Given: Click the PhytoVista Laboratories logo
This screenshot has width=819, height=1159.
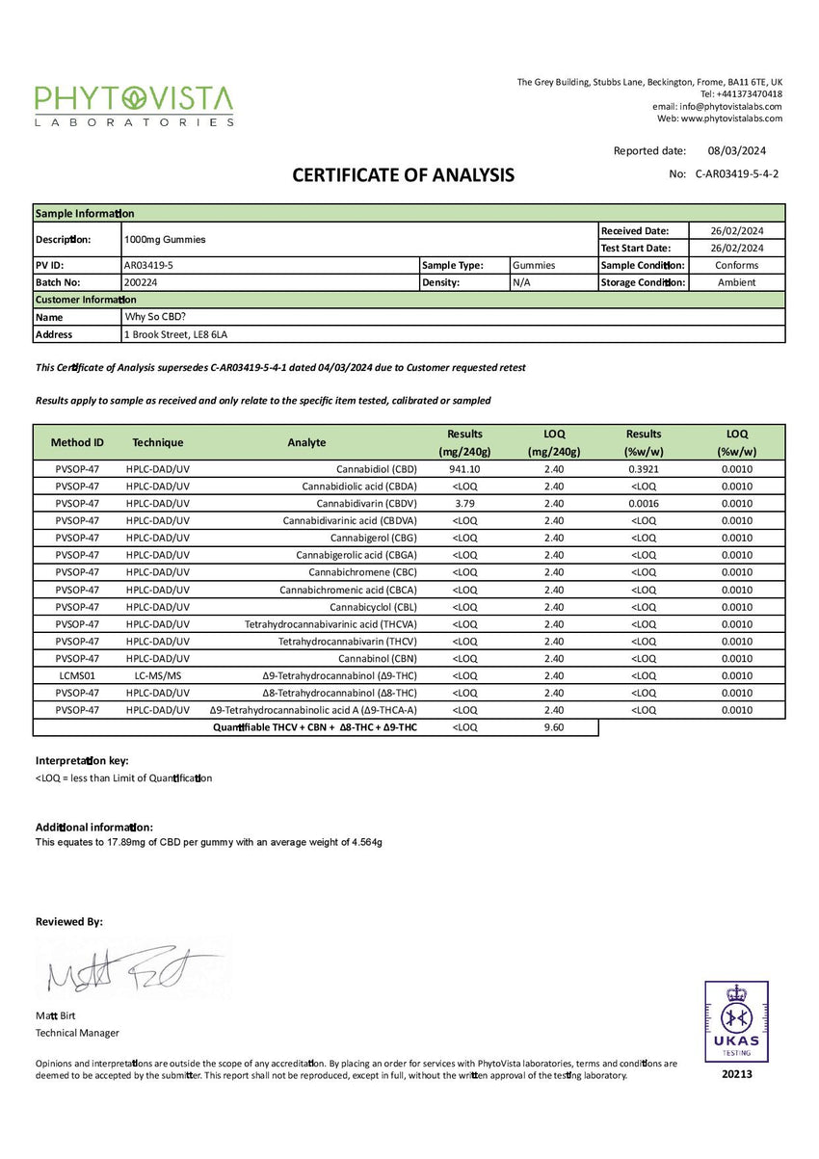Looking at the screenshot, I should tap(134, 105).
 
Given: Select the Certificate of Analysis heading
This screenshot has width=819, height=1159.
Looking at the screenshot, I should tap(403, 175).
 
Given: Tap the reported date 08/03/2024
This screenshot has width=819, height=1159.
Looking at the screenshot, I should tap(736, 150).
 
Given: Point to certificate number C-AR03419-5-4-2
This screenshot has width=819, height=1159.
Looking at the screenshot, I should tap(736, 174).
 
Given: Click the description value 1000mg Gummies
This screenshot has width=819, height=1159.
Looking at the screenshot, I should tap(165, 239).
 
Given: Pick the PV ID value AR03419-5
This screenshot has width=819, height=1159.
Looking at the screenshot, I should tap(149, 265).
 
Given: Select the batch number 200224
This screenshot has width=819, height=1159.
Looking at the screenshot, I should tap(140, 282).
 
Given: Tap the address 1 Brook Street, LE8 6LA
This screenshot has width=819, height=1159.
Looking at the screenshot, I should tap(175, 334).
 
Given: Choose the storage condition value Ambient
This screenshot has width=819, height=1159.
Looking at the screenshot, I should tap(737, 282).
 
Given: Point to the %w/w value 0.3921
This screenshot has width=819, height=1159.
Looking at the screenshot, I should tap(643, 469).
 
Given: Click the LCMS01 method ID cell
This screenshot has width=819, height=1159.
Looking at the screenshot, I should tap(77, 676).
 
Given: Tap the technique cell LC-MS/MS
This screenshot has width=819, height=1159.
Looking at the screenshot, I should tap(158, 676).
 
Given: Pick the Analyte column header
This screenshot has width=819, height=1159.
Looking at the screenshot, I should tap(306, 442).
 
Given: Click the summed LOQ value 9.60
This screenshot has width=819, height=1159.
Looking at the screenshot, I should tap(553, 727).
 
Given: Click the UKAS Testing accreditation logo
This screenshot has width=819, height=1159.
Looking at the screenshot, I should tap(736, 1021).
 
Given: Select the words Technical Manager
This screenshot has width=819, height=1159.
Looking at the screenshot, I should tap(77, 1033).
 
